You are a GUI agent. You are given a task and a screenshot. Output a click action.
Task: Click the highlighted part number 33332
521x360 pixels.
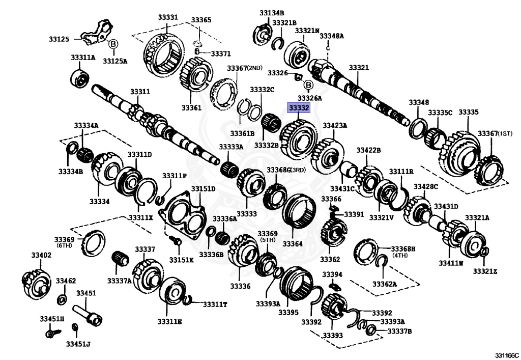[x=299, y=108]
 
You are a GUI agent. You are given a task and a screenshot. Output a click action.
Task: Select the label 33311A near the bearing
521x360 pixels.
[x=82, y=58]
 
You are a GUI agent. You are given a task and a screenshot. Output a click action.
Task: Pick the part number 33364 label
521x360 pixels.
[x=293, y=243]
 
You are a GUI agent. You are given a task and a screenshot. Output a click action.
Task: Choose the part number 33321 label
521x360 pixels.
[x=359, y=67]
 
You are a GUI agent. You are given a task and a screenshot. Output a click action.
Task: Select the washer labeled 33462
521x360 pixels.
[x=62, y=298]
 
